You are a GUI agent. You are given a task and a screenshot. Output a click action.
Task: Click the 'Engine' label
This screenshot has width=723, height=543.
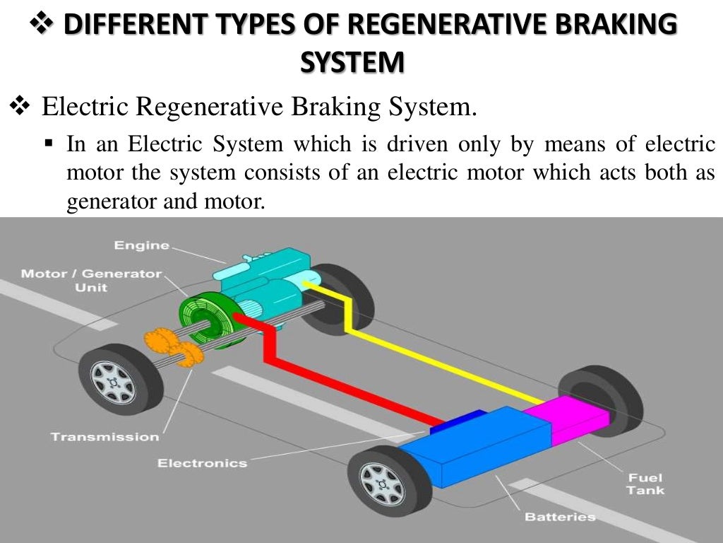tap(141, 245)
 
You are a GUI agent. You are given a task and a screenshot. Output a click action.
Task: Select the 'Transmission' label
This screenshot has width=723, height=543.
tap(104, 436)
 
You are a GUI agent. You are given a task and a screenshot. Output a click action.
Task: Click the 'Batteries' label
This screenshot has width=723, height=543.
tap(560, 517)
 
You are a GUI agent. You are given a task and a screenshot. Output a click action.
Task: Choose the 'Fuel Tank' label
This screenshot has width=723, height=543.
tap(645, 484)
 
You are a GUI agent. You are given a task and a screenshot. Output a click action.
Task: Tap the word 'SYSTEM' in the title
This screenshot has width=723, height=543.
tap(353, 62)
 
